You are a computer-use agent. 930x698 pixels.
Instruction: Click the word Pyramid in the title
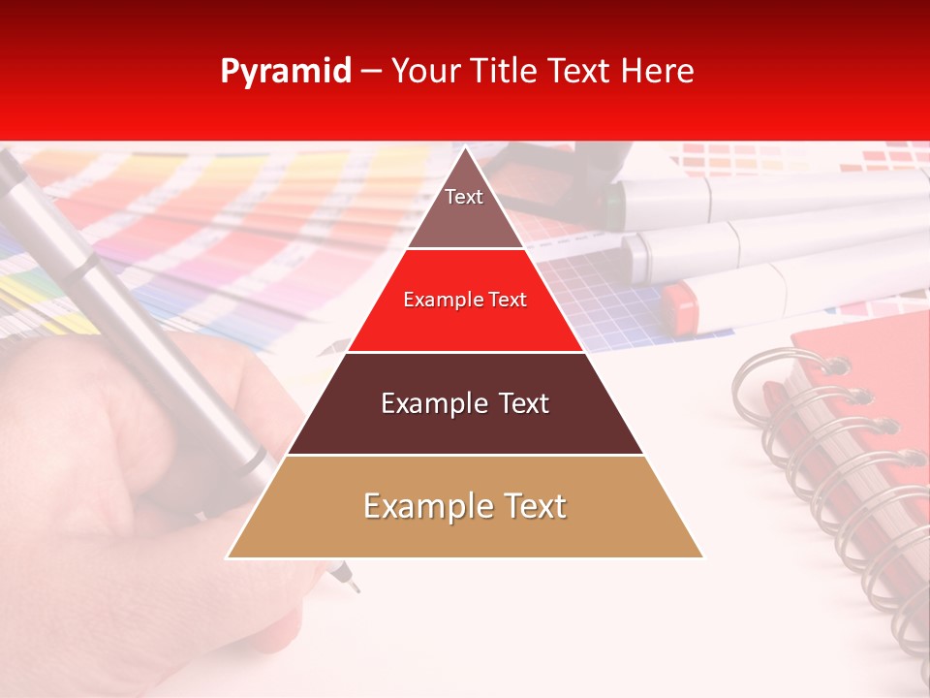[x=286, y=72]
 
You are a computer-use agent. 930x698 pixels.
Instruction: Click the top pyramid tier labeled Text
[x=464, y=208]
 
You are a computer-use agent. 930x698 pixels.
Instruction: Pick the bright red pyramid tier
[x=465, y=315]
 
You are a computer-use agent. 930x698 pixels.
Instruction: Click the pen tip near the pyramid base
[x=354, y=587]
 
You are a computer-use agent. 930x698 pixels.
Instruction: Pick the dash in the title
[x=371, y=72]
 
